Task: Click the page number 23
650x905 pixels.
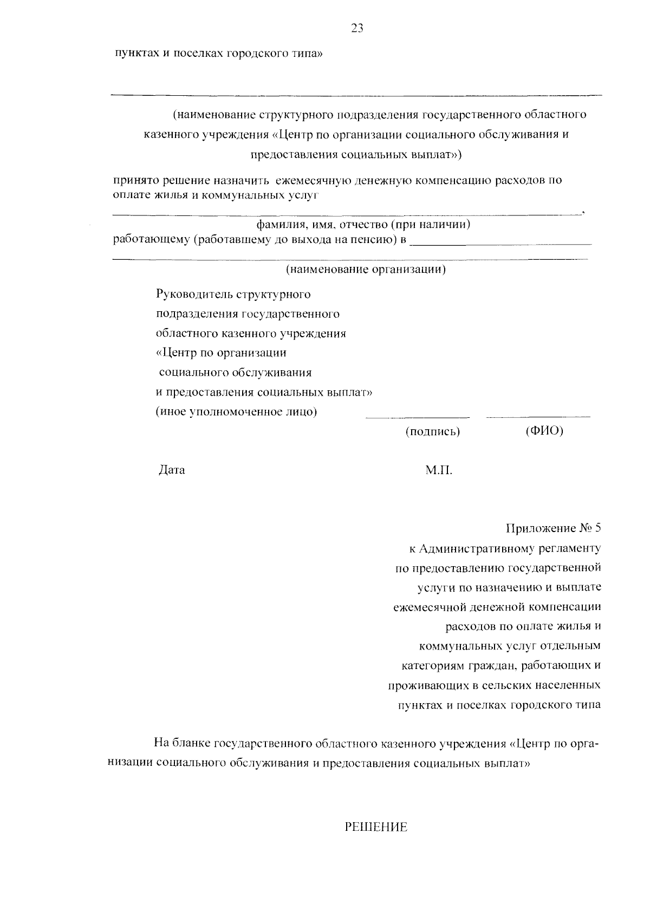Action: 357,29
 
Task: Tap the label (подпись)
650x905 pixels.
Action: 433,432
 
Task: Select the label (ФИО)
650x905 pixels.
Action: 544,431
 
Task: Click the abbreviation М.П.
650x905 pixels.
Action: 438,470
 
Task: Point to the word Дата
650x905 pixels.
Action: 172,470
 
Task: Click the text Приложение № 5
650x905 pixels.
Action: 553,528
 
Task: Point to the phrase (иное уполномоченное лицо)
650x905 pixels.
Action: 236,411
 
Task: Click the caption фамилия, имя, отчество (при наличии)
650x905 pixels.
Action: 363,224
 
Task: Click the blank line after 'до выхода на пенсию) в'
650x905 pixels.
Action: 500,245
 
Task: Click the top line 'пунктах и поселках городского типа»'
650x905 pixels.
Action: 218,54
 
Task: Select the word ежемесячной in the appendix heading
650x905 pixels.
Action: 427,607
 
